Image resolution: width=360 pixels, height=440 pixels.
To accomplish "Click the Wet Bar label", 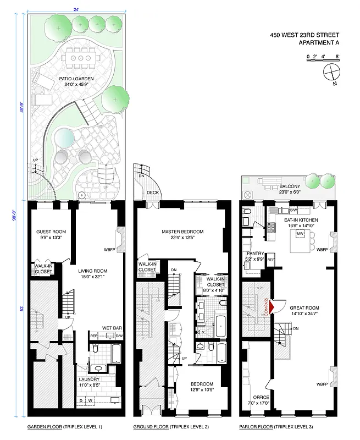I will pyautogui.click(x=112, y=328).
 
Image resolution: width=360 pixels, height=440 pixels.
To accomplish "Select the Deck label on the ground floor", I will pyautogui.click(x=153, y=193).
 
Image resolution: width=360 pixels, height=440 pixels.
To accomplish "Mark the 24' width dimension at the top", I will pyautogui.click(x=75, y=9).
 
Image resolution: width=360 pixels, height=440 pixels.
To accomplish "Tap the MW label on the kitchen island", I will pyautogui.click(x=300, y=235).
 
